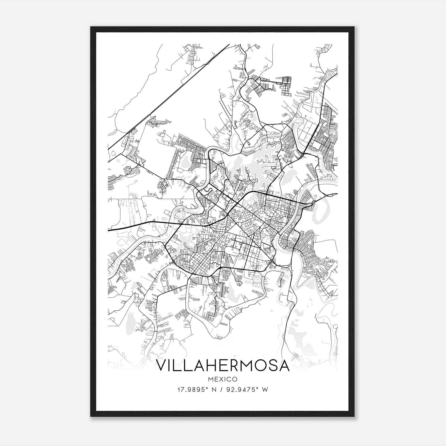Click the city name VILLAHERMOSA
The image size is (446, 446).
pos(223,365)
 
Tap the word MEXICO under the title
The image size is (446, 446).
pos(223,379)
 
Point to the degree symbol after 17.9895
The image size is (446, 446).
pos(207,388)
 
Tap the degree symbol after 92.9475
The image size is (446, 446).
pos(257,388)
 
